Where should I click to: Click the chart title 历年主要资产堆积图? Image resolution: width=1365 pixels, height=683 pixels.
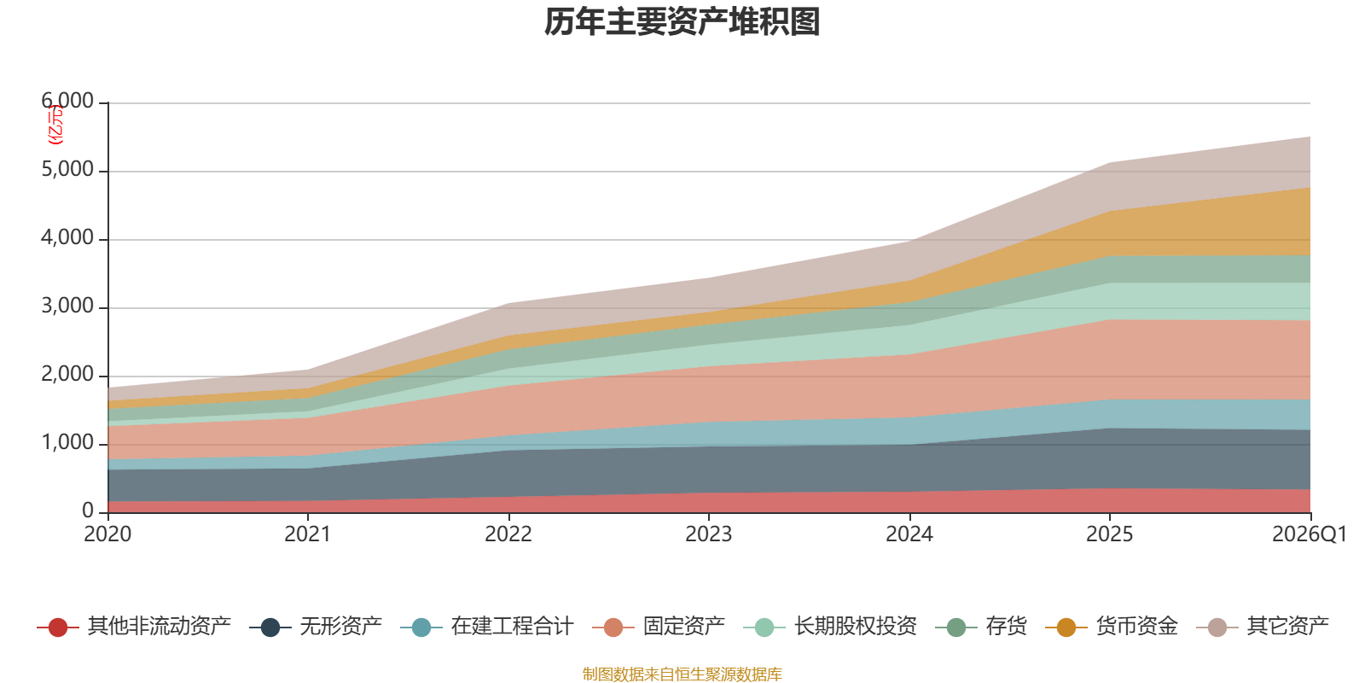682,22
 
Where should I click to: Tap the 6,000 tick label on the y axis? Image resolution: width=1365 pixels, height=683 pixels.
67,102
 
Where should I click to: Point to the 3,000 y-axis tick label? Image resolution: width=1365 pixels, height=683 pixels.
67,306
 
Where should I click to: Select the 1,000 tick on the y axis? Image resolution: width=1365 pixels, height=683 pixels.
67,443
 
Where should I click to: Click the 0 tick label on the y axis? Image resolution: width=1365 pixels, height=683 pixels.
88,511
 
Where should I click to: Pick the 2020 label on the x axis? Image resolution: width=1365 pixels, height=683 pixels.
107,534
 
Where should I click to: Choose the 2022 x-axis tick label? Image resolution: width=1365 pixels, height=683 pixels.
508,534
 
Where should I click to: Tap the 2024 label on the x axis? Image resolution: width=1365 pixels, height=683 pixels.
909,534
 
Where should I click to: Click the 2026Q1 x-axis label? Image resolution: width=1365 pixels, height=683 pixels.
1309,534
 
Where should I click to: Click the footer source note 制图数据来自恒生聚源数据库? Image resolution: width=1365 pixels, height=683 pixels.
682,674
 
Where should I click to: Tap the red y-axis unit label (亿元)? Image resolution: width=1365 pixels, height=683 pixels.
55,125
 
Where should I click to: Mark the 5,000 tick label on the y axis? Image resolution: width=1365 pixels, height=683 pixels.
67,170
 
